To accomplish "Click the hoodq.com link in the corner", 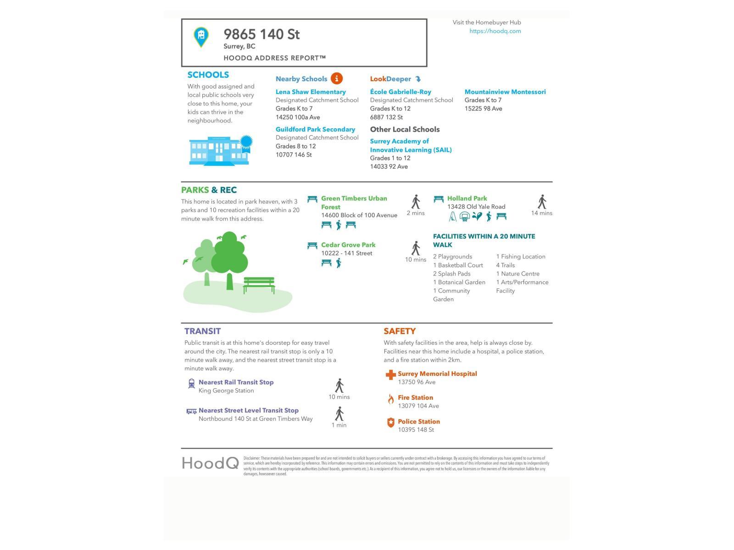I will [x=495, y=31].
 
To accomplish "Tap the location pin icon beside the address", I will [x=201, y=37].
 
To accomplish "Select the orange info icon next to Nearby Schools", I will [x=337, y=78].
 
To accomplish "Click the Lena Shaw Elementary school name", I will [x=311, y=92].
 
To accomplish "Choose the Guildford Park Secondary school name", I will [x=315, y=129].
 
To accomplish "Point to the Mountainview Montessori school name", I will [x=505, y=92].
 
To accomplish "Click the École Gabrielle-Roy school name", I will [x=400, y=92].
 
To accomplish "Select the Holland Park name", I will [x=467, y=198].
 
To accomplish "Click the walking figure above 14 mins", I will [x=542, y=202].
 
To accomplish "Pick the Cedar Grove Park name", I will [x=348, y=245].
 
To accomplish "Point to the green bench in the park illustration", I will [x=259, y=284].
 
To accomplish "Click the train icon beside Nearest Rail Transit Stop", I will [x=191, y=383].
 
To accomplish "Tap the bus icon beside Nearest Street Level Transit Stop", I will [x=191, y=411].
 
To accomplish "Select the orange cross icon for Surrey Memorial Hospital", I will [x=390, y=375].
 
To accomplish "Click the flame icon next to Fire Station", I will [x=390, y=399].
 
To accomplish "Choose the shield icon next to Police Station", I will [x=390, y=423].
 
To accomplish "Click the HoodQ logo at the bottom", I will [x=210, y=463].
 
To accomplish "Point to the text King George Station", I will [x=226, y=390].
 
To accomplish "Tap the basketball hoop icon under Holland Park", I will [x=465, y=216].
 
